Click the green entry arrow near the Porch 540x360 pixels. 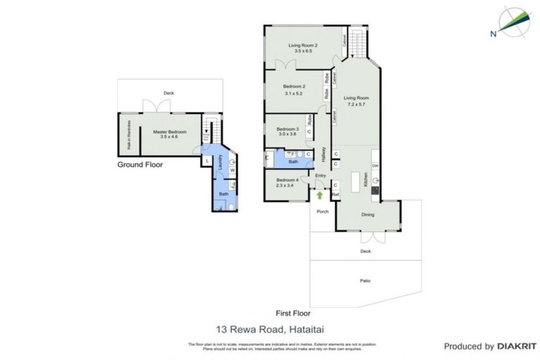(321, 195)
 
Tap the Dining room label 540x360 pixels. (368, 215)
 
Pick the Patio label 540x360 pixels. (366, 281)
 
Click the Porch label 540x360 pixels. (323, 211)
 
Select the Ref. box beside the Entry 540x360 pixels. (335, 195)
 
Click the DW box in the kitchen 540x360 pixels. (375, 166)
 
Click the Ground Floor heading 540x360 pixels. (140, 165)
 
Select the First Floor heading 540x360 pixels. (292, 314)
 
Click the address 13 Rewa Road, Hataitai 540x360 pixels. (269, 328)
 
